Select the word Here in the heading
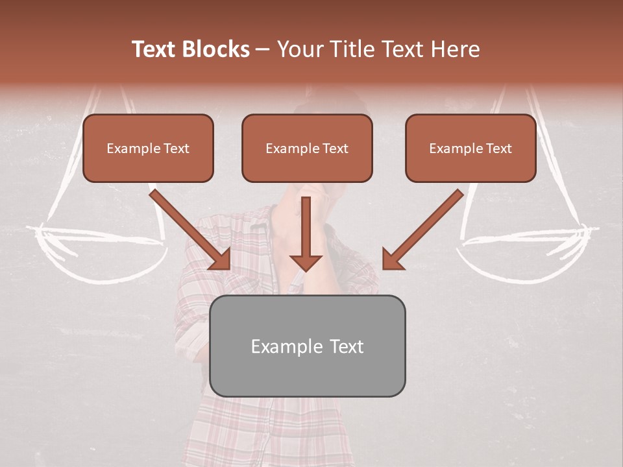click(x=456, y=49)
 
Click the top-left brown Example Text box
click(x=148, y=148)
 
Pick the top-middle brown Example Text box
click(x=307, y=148)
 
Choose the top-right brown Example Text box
click(x=470, y=148)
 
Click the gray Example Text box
click(x=307, y=346)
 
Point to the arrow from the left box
click(x=188, y=228)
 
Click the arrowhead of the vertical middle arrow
click(x=306, y=261)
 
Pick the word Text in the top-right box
click(x=498, y=149)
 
